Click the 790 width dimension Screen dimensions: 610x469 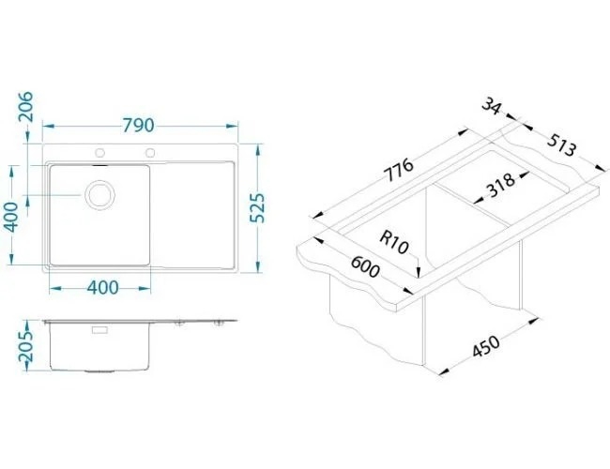139,125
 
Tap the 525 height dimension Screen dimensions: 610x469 257,207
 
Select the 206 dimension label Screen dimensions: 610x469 26,107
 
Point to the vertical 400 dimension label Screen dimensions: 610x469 11,217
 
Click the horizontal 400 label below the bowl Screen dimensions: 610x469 102,287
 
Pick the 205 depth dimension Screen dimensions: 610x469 26,345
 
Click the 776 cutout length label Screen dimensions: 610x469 399,170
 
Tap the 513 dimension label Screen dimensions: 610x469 560,145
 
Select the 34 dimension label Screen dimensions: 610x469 492,106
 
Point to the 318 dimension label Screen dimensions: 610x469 501,185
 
